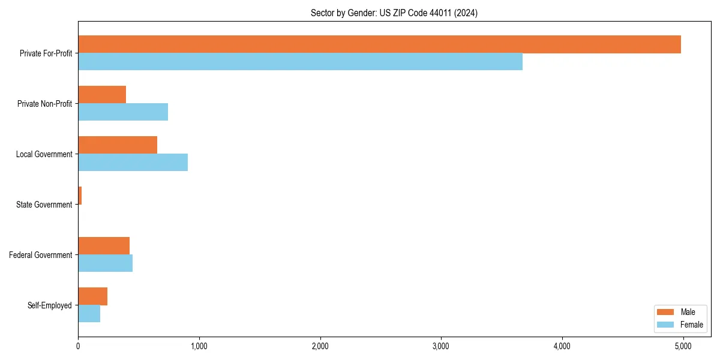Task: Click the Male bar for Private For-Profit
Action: [379, 44]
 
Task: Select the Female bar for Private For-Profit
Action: [300, 62]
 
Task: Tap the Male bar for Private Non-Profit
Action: [102, 95]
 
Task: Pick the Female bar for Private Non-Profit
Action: [123, 112]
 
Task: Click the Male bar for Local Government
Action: [118, 145]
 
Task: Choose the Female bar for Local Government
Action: [133, 163]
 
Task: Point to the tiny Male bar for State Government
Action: [80, 196]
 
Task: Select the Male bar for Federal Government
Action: [104, 246]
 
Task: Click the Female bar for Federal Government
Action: [105, 263]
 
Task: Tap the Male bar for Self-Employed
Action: [92, 296]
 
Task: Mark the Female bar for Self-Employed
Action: [89, 314]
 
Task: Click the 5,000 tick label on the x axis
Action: [683, 346]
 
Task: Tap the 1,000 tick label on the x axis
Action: [199, 346]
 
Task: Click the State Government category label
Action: [44, 205]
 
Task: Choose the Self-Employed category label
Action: [50, 305]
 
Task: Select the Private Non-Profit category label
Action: [44, 104]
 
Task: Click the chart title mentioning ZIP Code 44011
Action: [394, 13]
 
